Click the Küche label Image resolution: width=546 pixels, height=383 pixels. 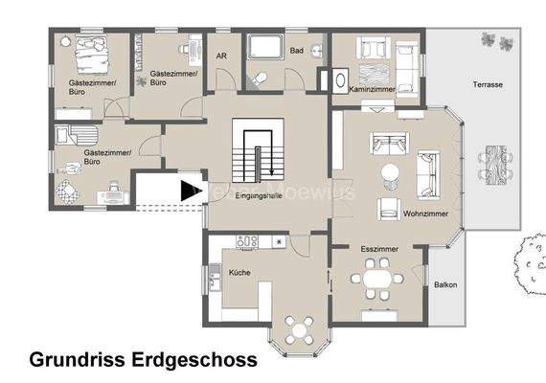[x=239, y=273]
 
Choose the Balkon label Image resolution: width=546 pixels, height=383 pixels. [x=444, y=284]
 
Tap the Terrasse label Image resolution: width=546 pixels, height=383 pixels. [x=487, y=85]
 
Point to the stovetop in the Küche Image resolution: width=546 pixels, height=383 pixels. [x=247, y=240]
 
